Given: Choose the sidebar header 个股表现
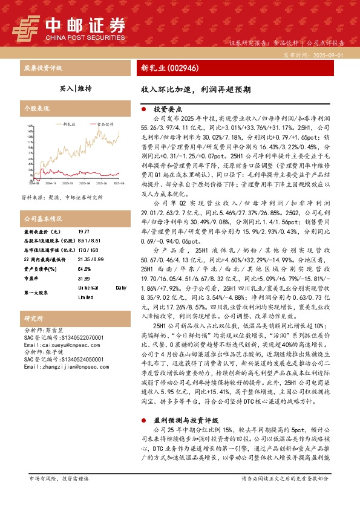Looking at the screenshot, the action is coord(34,108).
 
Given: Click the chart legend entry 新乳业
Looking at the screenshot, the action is coord(68,123).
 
